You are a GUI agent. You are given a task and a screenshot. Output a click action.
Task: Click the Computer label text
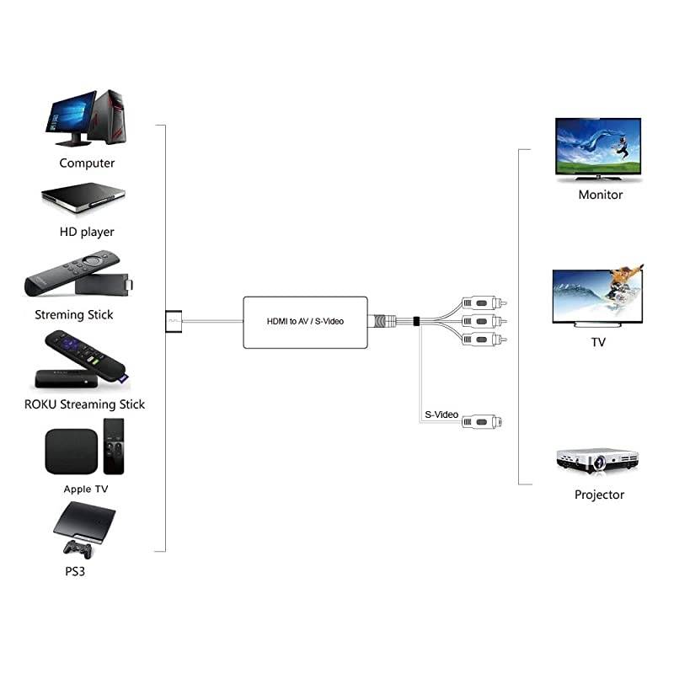[87, 163]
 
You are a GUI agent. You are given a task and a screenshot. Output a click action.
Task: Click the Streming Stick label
[74, 315]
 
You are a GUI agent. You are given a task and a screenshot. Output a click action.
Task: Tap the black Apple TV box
[71, 452]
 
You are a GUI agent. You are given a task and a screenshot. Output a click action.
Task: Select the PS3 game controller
[78, 548]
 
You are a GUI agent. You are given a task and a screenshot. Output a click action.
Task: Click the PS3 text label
[74, 571]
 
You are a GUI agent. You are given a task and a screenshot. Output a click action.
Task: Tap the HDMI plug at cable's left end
[173, 320]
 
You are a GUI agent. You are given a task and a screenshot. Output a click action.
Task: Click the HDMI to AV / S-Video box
[305, 322]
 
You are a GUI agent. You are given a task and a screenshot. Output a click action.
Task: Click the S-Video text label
[441, 415]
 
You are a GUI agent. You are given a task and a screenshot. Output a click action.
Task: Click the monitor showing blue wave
[597, 148]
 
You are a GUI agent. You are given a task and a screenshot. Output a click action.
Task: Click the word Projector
[599, 495]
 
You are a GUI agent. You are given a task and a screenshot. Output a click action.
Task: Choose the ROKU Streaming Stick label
[84, 404]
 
